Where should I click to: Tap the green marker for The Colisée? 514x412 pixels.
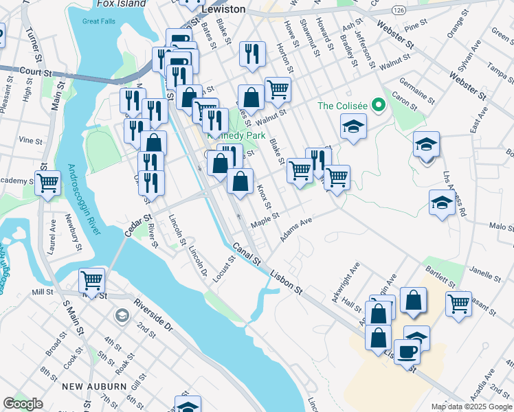(x=377, y=106)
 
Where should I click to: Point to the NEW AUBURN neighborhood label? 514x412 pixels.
(x=93, y=387)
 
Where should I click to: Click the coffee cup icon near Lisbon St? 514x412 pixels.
(x=407, y=352)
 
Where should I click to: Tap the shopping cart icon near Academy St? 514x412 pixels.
(x=47, y=183)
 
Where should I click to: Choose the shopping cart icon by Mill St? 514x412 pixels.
(x=91, y=279)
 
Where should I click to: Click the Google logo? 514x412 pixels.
(x=23, y=404)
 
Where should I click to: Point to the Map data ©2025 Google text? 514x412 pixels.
(x=471, y=407)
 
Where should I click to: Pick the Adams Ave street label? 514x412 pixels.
(x=296, y=230)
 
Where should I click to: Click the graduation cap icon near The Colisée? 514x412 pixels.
(x=353, y=126)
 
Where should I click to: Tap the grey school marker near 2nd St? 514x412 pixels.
(x=122, y=316)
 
